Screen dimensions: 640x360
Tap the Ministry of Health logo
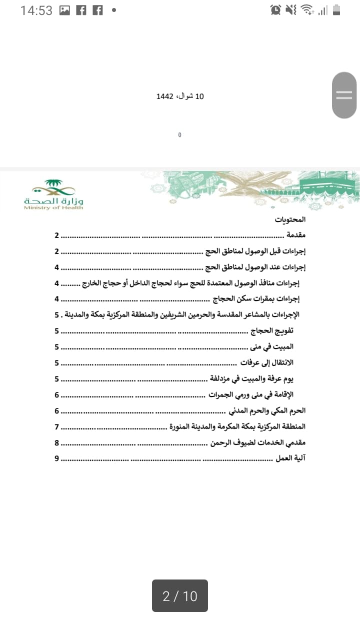pos(53,194)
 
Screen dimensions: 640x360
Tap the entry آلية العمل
pos(291,457)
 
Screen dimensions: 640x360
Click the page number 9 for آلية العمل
pos(57,457)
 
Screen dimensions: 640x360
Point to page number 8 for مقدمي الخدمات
pos(57,442)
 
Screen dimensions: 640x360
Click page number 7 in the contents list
pos(57,426)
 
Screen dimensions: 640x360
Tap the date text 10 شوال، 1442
pos(180,96)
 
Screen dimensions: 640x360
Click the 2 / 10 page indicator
pos(180,596)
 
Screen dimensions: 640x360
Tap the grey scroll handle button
pos(344,95)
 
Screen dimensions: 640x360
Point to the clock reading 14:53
pos(36,10)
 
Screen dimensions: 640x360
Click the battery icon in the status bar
pos(336,10)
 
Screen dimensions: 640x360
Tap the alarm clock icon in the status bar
pos(275,10)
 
